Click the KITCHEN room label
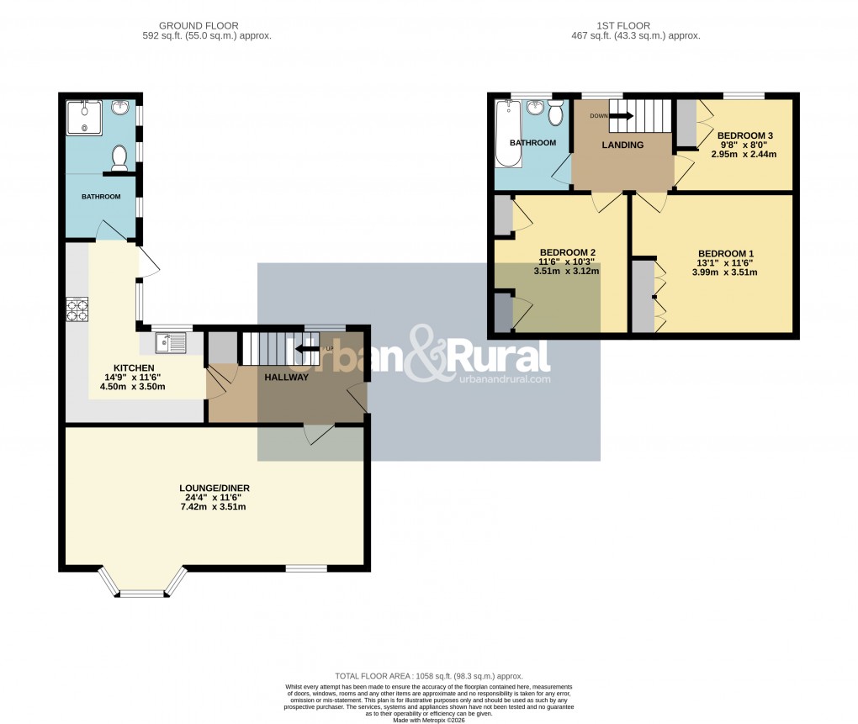(134, 367)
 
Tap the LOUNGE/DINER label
(214, 488)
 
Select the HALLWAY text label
(287, 378)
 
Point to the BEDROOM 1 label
(726, 253)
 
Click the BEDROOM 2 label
(568, 252)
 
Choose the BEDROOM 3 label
(744, 135)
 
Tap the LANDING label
(622, 145)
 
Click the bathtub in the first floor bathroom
(509, 135)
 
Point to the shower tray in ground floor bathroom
(85, 119)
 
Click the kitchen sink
(172, 342)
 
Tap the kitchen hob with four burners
(77, 311)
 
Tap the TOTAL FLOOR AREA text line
(429, 676)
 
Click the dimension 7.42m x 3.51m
(214, 507)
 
